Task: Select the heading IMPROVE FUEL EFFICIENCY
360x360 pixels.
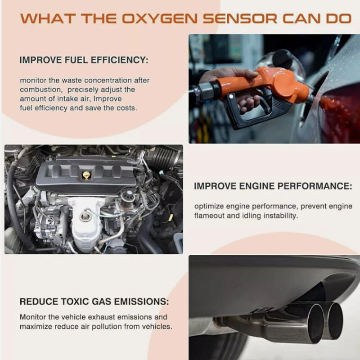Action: tap(84, 60)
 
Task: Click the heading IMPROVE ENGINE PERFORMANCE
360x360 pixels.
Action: tap(273, 186)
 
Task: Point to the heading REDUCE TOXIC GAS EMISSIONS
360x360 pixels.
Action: tap(94, 301)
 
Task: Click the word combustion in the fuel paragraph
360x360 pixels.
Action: tap(41, 90)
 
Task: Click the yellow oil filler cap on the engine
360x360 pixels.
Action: tap(86, 175)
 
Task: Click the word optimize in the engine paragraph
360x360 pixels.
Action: tap(209, 207)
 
